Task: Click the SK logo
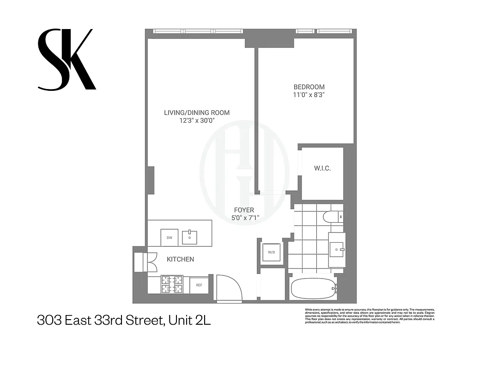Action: tap(67, 60)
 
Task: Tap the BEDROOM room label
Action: tap(309, 87)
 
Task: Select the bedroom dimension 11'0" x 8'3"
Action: tap(309, 95)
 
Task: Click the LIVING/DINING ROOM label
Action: tap(197, 113)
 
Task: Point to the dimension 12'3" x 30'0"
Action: tap(197, 121)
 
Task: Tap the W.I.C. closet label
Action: tap(322, 169)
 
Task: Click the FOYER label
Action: tap(244, 210)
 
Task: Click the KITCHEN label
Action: tap(180, 259)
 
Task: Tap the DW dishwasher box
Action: tap(169, 237)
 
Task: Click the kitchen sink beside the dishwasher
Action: tap(190, 237)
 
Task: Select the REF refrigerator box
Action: tap(199, 285)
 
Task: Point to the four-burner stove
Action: tap(171, 285)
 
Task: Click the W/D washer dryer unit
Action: tap(271, 252)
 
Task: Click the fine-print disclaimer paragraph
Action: tap(370, 315)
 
